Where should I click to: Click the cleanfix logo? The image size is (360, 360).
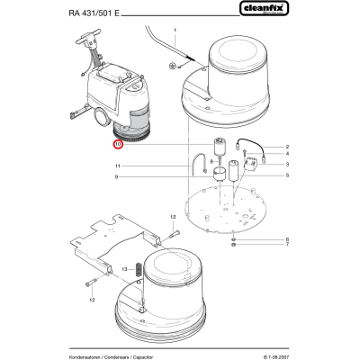[264, 8]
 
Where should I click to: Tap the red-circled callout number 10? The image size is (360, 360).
[118, 144]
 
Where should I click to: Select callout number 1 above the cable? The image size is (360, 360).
[175, 30]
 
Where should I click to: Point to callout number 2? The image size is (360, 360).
[287, 147]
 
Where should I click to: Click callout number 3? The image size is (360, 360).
[287, 164]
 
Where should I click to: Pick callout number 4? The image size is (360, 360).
[287, 154]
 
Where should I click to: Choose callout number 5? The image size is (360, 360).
[287, 175]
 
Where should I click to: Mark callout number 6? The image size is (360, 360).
[287, 239]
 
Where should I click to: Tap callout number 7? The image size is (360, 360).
[287, 245]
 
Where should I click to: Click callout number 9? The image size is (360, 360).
[116, 177]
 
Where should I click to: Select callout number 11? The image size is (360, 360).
[117, 166]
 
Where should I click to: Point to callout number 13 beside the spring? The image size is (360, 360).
[125, 269]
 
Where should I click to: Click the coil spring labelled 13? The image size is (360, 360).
[139, 270]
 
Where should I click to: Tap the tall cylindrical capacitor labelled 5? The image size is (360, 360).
[234, 171]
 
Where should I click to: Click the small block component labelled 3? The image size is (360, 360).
[251, 165]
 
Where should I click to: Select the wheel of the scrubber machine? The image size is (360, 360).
[102, 116]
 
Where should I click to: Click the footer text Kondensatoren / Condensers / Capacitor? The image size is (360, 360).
[111, 357]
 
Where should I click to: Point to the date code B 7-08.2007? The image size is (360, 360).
[276, 357]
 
